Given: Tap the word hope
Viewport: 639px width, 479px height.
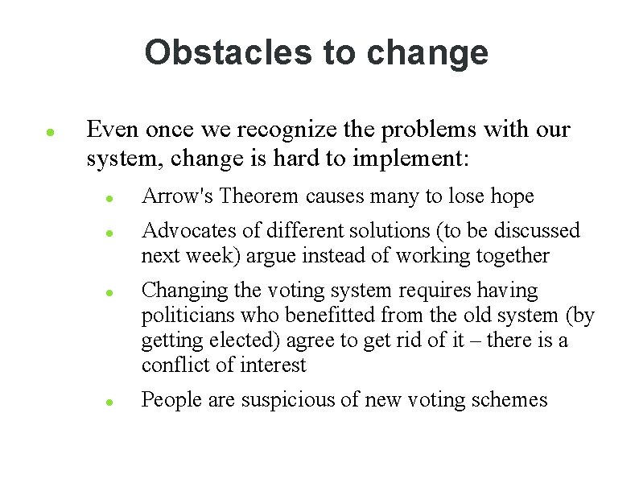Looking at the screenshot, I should tap(513, 196).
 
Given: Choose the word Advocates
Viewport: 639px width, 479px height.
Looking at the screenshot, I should tap(189, 231).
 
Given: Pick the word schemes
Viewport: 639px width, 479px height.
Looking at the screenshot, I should tap(511, 399).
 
